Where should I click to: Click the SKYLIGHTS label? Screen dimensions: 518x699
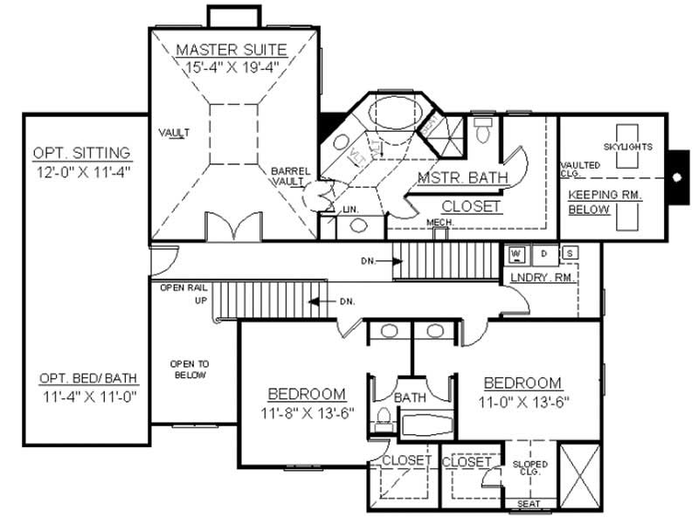point(628,147)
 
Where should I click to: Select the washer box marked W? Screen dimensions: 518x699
point(516,254)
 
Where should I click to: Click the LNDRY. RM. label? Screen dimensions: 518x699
point(542,279)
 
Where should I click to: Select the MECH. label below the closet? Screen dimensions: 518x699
point(438,222)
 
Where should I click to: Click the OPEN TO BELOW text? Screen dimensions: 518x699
point(190,369)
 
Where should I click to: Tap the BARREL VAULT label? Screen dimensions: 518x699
point(287,176)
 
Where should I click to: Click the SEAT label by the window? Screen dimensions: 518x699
point(529,503)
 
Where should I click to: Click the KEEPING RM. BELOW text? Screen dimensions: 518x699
point(605,202)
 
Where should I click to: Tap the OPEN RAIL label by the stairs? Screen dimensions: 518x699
point(183,287)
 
